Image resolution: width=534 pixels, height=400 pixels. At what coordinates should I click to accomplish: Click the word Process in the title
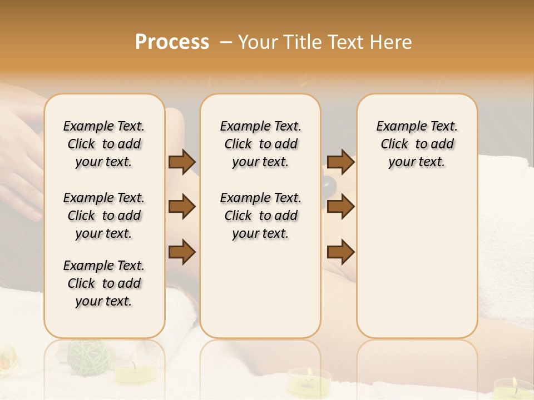(172, 42)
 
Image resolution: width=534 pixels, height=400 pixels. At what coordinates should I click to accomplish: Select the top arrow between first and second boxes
(182, 162)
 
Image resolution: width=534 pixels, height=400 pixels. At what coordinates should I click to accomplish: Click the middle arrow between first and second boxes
(182, 207)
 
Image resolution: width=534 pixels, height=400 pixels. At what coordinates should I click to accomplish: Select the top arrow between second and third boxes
(340, 162)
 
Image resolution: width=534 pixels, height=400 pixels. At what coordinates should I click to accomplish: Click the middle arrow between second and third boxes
(340, 207)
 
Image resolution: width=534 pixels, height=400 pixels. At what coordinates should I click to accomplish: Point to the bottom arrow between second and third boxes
(340, 252)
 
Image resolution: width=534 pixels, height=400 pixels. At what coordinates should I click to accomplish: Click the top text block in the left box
(104, 144)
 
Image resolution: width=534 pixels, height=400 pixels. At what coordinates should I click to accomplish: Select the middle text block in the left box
(104, 216)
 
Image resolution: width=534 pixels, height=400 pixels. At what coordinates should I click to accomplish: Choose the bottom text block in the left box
(104, 283)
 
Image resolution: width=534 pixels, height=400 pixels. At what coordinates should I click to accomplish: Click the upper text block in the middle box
(260, 144)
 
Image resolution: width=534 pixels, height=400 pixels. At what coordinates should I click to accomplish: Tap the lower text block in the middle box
(260, 216)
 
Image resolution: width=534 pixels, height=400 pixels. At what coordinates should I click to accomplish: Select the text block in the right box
(417, 144)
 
